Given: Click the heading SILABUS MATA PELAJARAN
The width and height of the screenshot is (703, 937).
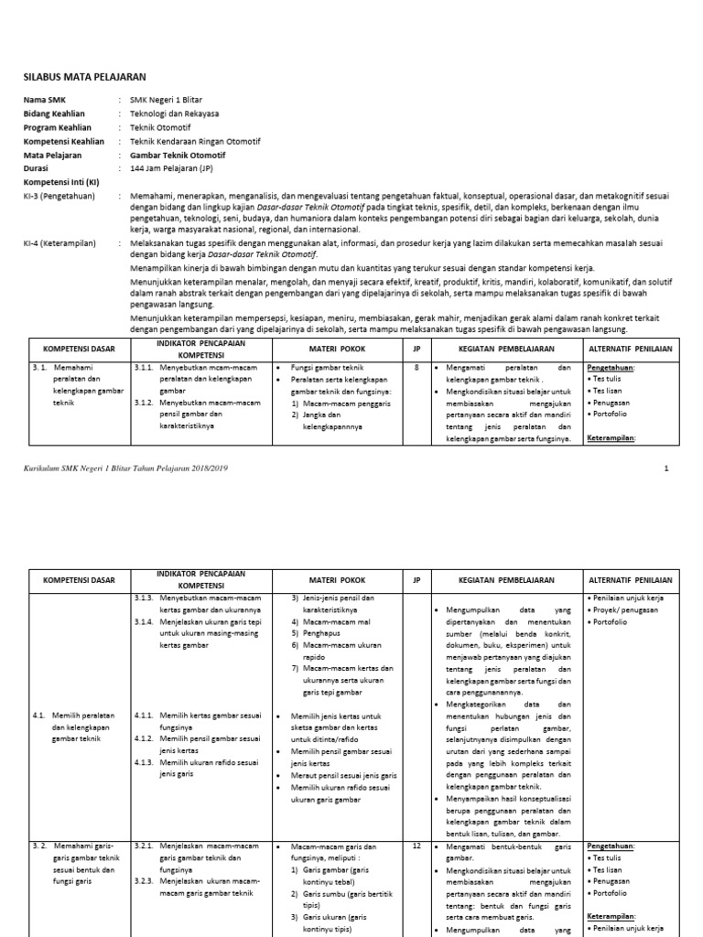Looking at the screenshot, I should pos(84,77).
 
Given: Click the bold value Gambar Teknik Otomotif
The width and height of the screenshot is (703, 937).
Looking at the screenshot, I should pos(178,156).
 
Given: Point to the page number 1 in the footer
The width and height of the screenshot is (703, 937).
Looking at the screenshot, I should pos(666,468).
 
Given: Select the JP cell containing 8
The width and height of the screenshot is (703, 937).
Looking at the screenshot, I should pos(416,367).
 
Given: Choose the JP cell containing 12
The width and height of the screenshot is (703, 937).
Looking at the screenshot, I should pos(416,847).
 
